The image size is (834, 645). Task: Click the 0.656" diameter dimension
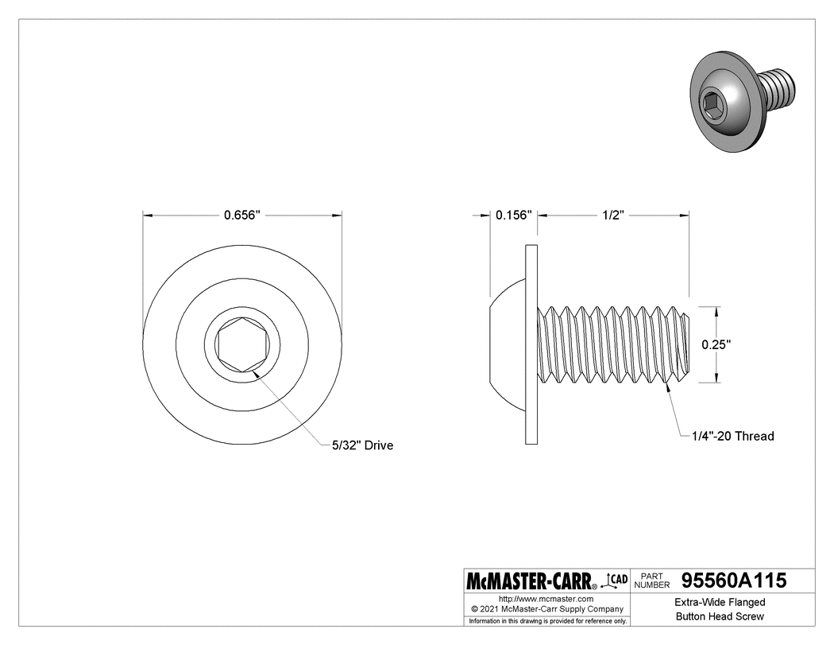click(242, 215)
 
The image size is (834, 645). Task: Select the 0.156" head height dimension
click(512, 215)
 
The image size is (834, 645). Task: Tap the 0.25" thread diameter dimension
click(716, 344)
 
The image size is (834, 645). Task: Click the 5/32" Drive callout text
click(362, 445)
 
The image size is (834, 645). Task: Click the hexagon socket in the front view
click(242, 344)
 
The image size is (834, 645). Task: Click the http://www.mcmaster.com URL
click(546, 597)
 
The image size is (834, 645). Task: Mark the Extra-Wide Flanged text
click(720, 603)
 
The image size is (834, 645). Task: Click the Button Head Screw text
click(720, 617)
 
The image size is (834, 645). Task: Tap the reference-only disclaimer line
click(548, 620)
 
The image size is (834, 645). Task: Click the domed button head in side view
click(507, 344)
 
